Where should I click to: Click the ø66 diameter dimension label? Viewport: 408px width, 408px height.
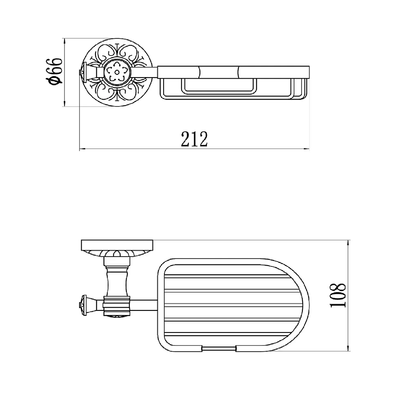point(55,71)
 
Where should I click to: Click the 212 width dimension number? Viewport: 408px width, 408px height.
point(194,139)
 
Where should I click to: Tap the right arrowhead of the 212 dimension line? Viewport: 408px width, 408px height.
point(306,149)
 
